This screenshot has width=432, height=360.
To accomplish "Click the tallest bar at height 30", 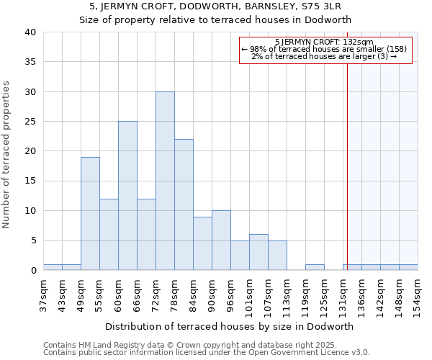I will point(165,181).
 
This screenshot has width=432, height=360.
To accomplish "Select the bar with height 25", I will point(127,196).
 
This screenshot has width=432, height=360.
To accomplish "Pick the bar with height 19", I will point(90,214).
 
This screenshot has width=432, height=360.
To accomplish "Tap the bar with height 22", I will point(184,204).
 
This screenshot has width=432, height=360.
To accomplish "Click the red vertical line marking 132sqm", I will point(347,166).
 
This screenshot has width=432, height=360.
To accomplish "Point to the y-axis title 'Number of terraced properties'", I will point(6,155).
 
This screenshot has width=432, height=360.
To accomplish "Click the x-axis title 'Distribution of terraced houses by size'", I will point(234,326).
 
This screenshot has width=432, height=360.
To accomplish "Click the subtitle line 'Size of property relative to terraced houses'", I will point(215,19).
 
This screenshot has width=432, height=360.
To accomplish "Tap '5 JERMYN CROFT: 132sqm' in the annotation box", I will point(324,42).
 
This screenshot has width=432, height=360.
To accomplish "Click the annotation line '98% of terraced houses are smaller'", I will point(324,49).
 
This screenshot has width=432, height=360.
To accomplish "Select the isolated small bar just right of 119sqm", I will point(315,267).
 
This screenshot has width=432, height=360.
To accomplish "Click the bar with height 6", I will point(258,252).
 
